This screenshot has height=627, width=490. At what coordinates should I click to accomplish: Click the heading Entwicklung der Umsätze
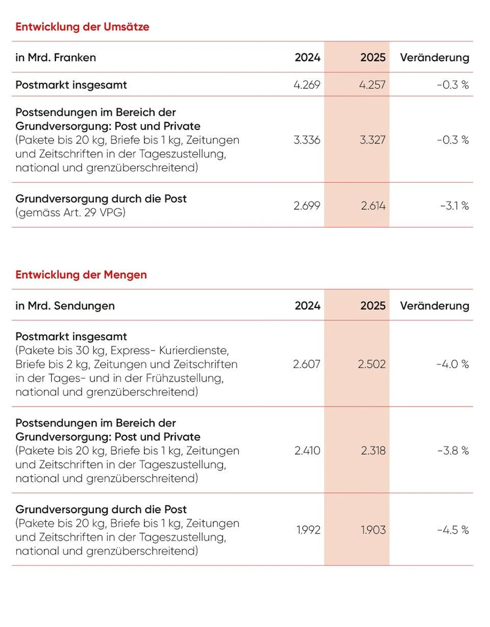[82, 27]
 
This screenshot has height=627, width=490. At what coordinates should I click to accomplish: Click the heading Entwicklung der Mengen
[81, 275]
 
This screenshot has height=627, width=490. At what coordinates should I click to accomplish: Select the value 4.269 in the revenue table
[307, 85]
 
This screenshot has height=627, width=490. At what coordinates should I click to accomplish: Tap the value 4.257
[372, 85]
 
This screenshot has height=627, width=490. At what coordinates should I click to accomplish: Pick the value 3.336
[307, 140]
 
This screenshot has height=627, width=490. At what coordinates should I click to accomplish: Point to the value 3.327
[373, 140]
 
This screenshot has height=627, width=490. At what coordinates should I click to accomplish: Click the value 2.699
[307, 206]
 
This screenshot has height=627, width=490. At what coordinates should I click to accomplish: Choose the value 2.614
[373, 206]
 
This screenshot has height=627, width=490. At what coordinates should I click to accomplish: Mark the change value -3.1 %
[455, 206]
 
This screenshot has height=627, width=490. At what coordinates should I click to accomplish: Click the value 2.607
[306, 364]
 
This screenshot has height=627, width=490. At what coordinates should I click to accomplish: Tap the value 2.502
[372, 364]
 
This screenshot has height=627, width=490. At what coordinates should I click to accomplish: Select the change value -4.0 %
[453, 364]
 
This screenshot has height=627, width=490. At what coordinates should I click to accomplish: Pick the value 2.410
[307, 451]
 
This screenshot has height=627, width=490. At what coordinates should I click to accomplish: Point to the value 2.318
[373, 451]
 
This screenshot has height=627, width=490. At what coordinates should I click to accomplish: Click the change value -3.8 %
[453, 451]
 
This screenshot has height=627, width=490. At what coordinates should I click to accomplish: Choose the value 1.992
[309, 530]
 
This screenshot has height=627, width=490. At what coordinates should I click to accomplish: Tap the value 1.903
[373, 530]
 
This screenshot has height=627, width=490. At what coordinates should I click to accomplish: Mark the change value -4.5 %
[453, 530]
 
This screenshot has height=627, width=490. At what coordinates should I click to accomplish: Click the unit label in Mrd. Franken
[56, 57]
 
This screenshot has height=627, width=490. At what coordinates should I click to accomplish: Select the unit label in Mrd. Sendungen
[65, 306]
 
